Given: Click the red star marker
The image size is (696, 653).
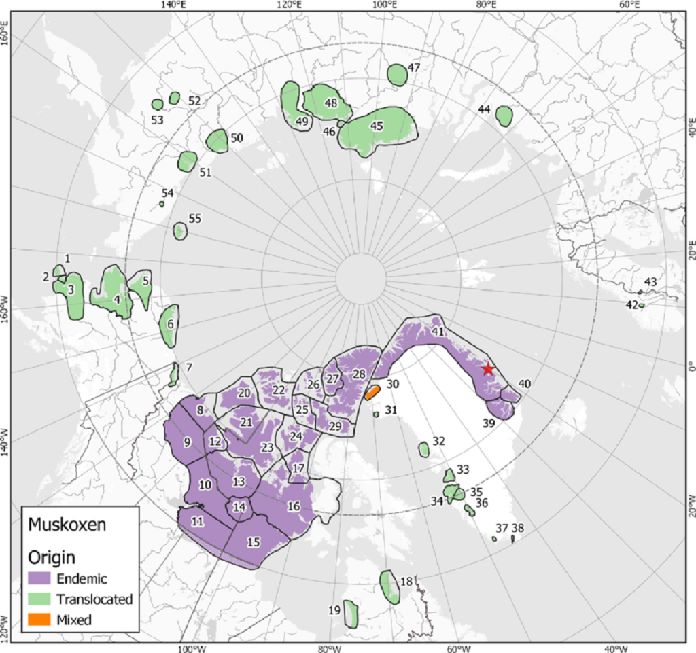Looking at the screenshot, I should point(487,369).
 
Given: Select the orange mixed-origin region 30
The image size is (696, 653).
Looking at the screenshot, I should point(372,391).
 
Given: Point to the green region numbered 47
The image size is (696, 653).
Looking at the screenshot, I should point(397,74).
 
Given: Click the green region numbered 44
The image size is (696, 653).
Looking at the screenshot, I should point(504,116).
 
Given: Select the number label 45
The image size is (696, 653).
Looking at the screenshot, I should point(377,125).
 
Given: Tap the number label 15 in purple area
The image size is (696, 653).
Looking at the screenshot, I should point(254,542).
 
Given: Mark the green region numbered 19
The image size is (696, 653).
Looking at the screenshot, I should point(351,614).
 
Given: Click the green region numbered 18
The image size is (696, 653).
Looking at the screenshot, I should point(389,586).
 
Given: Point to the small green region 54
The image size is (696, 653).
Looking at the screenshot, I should point(162,204).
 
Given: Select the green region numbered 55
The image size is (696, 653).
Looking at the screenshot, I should point(180,231).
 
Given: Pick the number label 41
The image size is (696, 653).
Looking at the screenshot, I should point(438,332).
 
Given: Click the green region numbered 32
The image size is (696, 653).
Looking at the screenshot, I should point(424,449).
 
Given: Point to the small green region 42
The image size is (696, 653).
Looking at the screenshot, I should point(641,306).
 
